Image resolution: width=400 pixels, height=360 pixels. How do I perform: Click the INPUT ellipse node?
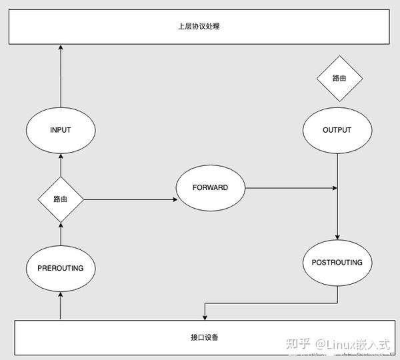tap(60, 130)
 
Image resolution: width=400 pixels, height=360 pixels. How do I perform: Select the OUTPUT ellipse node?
tap(337, 130)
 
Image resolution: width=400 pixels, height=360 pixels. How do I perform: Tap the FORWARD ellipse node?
tap(210, 188)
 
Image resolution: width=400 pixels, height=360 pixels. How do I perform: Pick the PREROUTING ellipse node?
tap(60, 268)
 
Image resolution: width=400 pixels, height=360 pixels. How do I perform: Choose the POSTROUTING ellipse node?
tap(337, 263)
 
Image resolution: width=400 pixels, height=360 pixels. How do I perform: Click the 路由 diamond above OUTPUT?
tap(339, 79)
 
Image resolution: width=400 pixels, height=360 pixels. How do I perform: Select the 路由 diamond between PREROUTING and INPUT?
tap(60, 199)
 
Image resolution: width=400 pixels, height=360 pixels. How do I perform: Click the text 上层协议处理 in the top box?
tap(199, 27)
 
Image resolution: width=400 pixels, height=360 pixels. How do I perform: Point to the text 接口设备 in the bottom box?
tap(199, 337)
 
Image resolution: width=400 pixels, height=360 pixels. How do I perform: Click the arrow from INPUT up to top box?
tap(60, 77)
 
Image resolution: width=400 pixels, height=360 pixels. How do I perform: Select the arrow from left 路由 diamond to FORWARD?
tap(130, 199)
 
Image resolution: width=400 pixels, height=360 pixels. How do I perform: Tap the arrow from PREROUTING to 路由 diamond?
tap(60, 233)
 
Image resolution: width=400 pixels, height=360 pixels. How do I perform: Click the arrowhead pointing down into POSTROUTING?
tap(337, 236)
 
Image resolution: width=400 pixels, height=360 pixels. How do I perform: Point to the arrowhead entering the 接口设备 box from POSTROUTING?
tap(203, 316)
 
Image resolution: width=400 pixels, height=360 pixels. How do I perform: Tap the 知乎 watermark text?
tap(298, 344)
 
